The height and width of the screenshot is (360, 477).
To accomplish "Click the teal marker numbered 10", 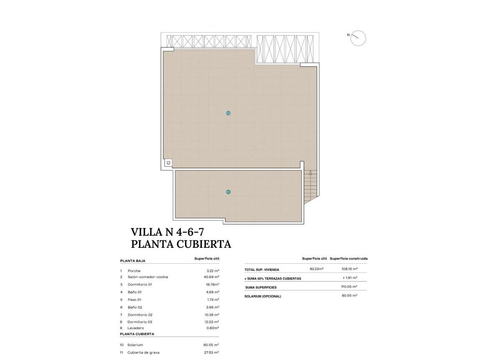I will [228, 113].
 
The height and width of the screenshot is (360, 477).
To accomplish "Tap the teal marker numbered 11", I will [228, 192].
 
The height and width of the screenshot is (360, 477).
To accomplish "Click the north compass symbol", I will [358, 38].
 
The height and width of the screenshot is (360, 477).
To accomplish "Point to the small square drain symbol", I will [168, 163].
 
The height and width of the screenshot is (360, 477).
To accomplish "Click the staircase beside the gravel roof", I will [310, 187].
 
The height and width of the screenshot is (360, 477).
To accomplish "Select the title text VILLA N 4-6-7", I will [167, 232].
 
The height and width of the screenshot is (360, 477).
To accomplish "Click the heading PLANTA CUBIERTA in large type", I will [181, 244].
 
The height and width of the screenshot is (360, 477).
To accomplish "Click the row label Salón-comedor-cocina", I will [148, 277].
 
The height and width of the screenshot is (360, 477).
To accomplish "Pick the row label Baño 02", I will [134, 307].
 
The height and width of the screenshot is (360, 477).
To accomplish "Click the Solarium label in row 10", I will [135, 345].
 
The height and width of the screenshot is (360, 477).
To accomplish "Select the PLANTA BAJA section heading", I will [133, 261].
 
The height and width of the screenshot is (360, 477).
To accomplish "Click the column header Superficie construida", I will [349, 259].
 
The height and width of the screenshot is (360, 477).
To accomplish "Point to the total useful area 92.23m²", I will [316, 269].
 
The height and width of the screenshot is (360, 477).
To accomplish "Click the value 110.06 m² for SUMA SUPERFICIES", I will [349, 287].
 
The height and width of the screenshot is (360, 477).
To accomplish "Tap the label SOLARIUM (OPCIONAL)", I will [262, 296].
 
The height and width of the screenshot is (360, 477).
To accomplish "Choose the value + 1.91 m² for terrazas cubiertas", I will [349, 278].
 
